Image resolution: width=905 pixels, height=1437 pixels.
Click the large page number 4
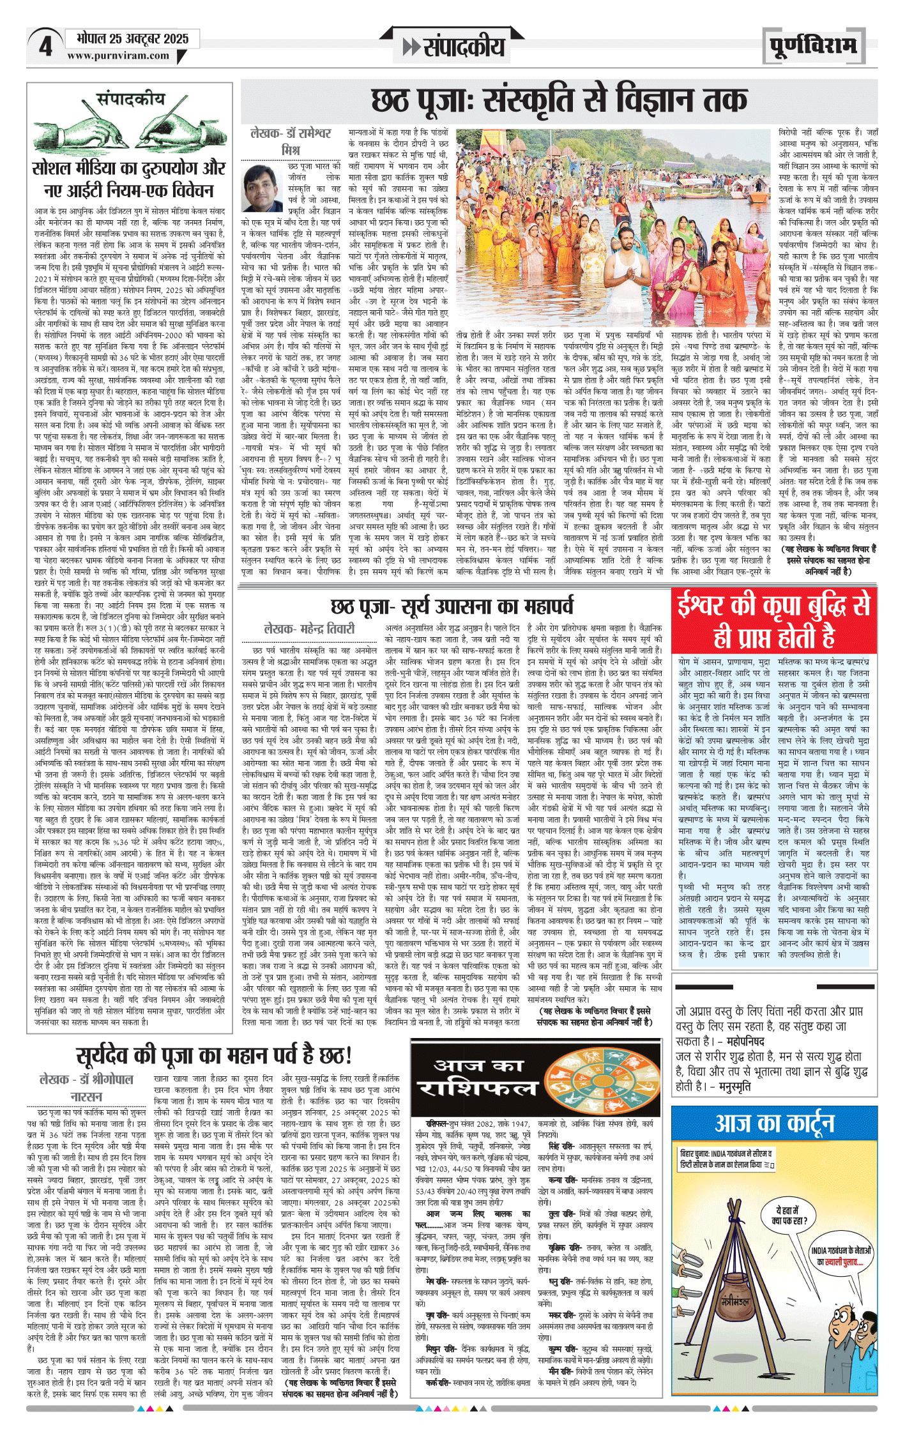click(x=45, y=46)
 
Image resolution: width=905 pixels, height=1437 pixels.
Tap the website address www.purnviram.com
click(x=118, y=56)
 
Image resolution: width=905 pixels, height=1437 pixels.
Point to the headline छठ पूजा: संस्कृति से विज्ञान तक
click(x=559, y=100)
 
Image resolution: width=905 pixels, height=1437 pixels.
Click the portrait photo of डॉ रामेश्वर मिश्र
click(x=262, y=188)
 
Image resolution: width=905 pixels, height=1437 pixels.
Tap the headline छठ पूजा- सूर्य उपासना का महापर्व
click(x=452, y=606)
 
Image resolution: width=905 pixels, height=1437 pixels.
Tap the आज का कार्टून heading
click(x=774, y=1123)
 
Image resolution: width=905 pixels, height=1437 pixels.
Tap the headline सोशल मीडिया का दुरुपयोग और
click(x=128, y=168)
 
